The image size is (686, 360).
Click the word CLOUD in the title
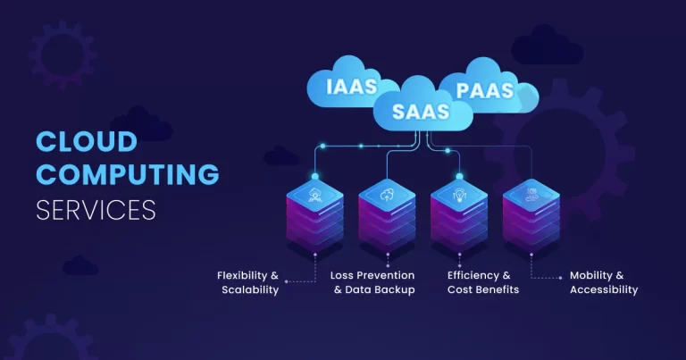tap(86, 142)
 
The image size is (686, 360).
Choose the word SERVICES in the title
tap(95, 210)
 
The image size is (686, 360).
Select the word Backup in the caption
tap(394, 289)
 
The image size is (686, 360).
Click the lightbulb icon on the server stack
tap(460, 196)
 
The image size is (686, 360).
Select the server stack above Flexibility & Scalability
tap(315, 219)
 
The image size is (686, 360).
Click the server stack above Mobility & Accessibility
tap(531, 219)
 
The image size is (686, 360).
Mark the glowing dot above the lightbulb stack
tap(460, 177)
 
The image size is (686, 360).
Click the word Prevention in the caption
tap(384, 275)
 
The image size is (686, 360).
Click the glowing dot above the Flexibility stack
tap(315, 177)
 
